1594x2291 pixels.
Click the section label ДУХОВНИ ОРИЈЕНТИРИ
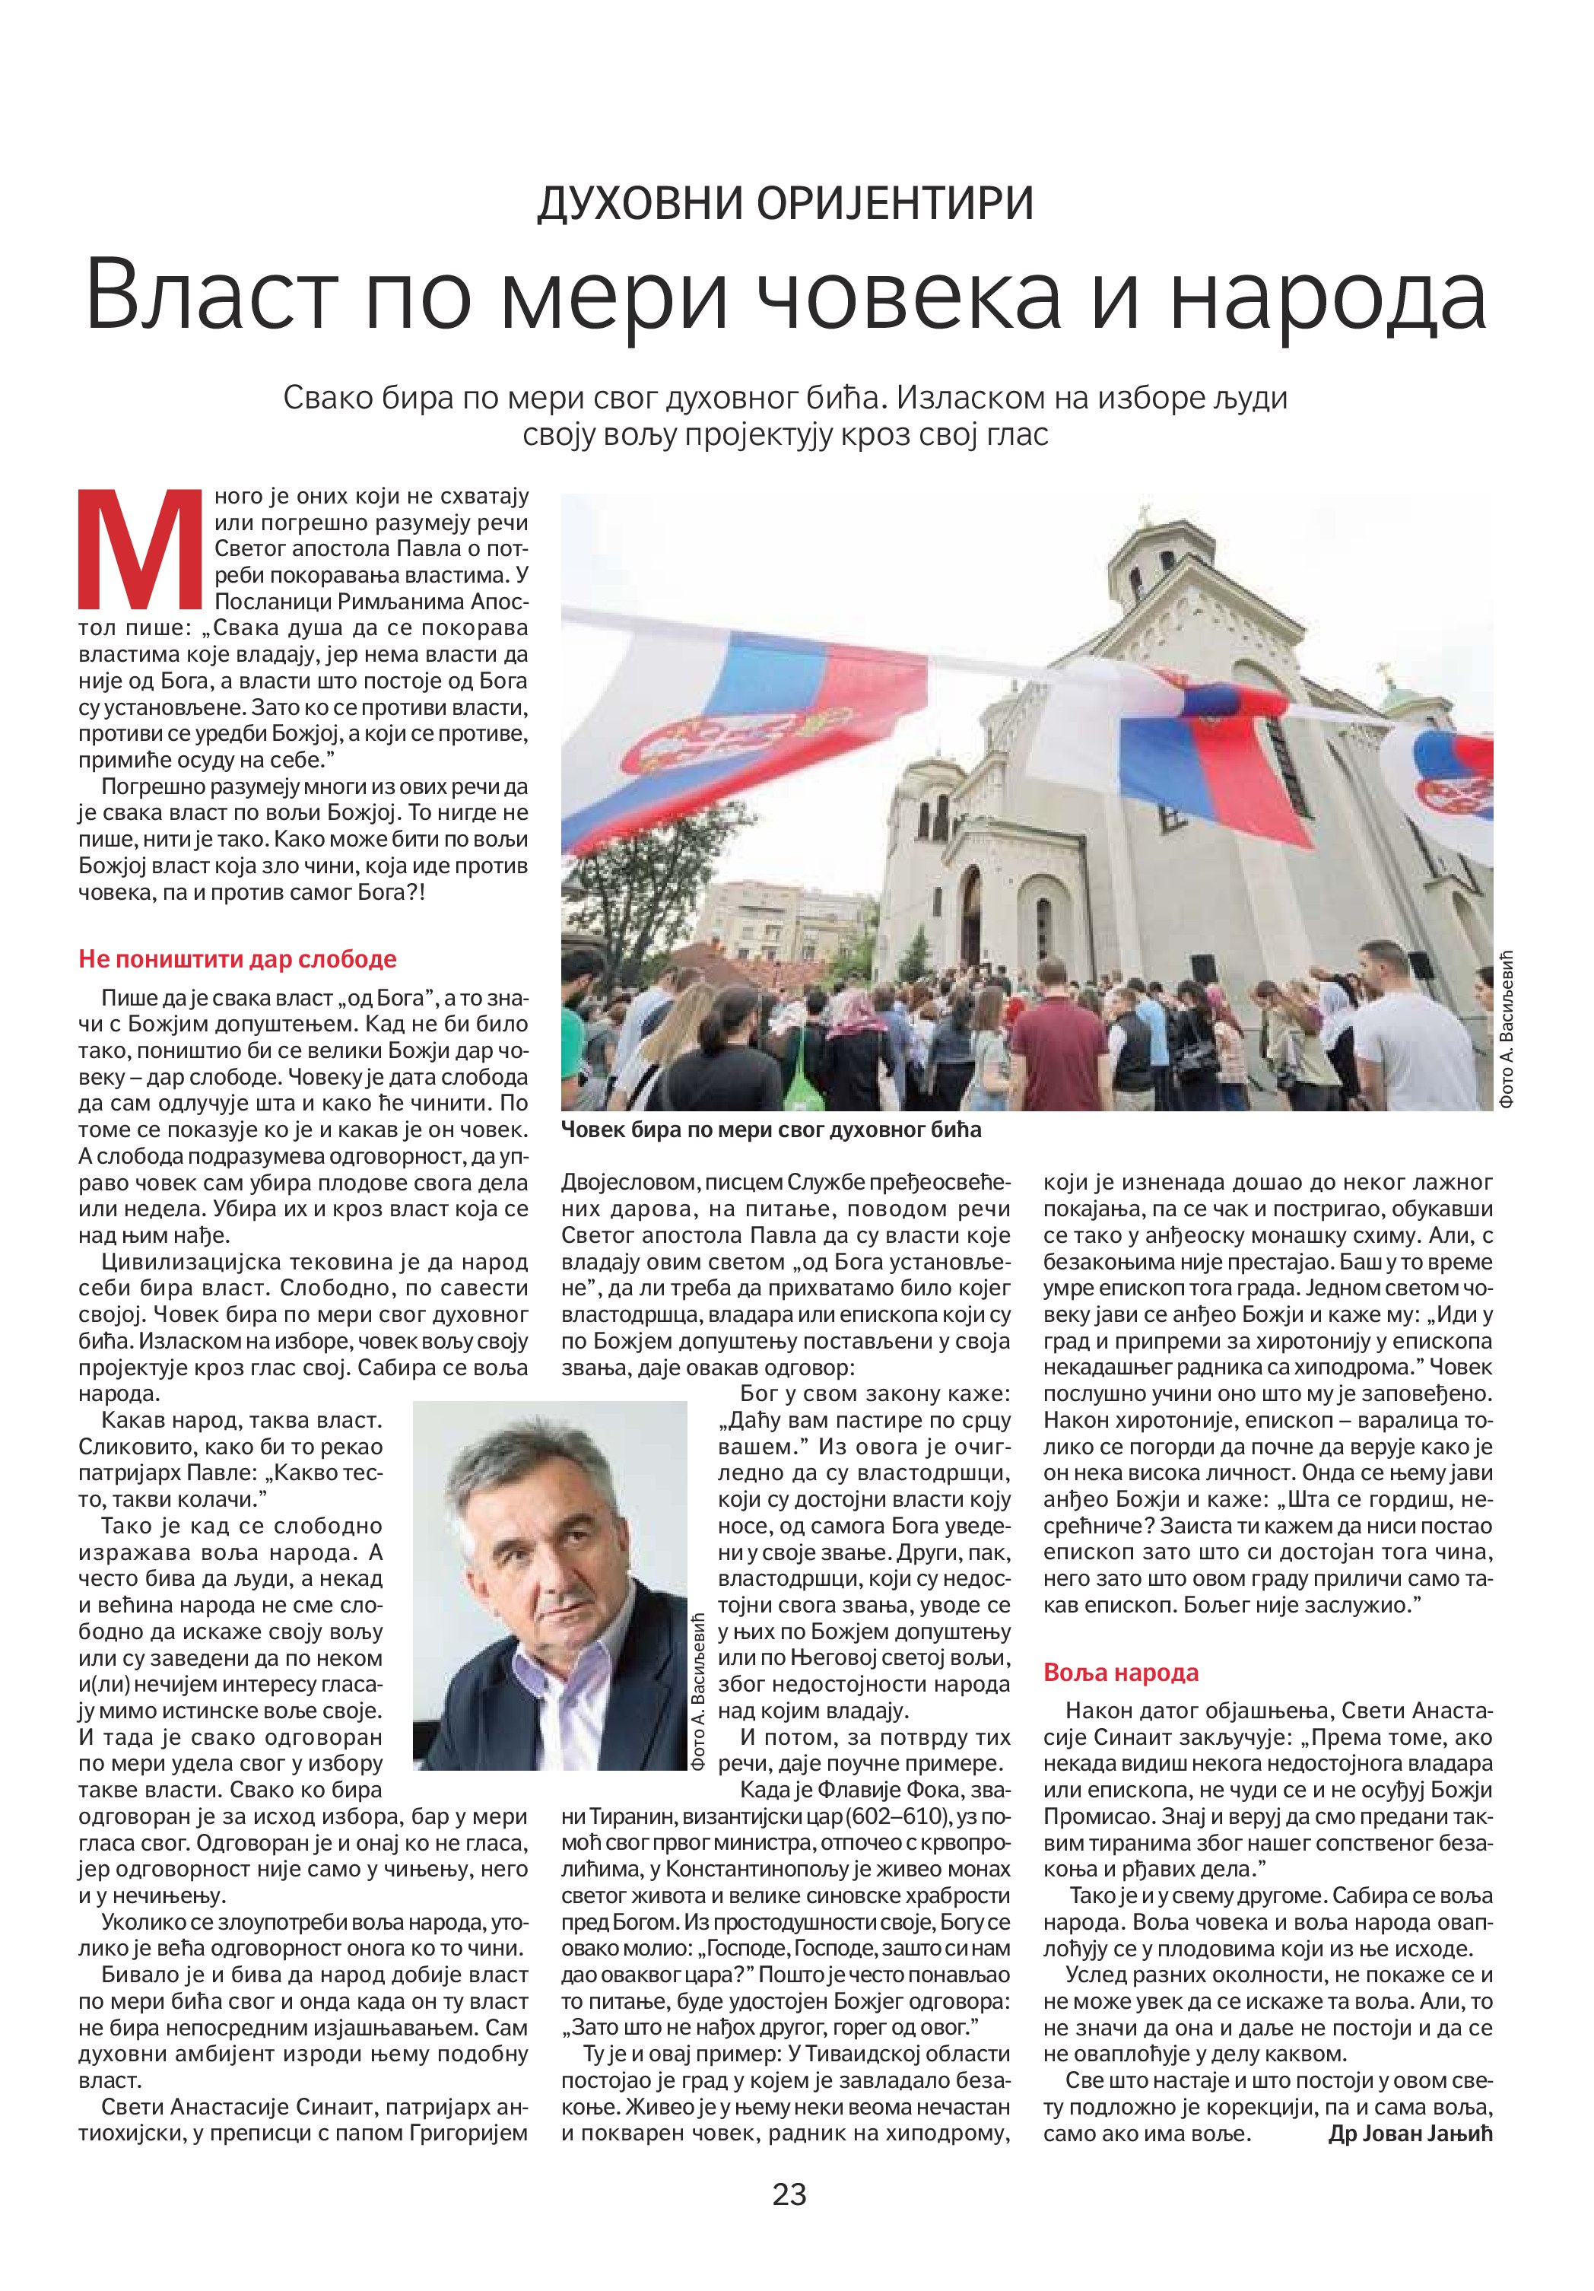[x=785, y=204]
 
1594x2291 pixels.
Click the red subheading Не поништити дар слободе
[x=237, y=959]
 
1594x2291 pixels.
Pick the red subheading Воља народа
[x=1120, y=1673]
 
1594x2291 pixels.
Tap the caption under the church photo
[x=771, y=1130]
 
